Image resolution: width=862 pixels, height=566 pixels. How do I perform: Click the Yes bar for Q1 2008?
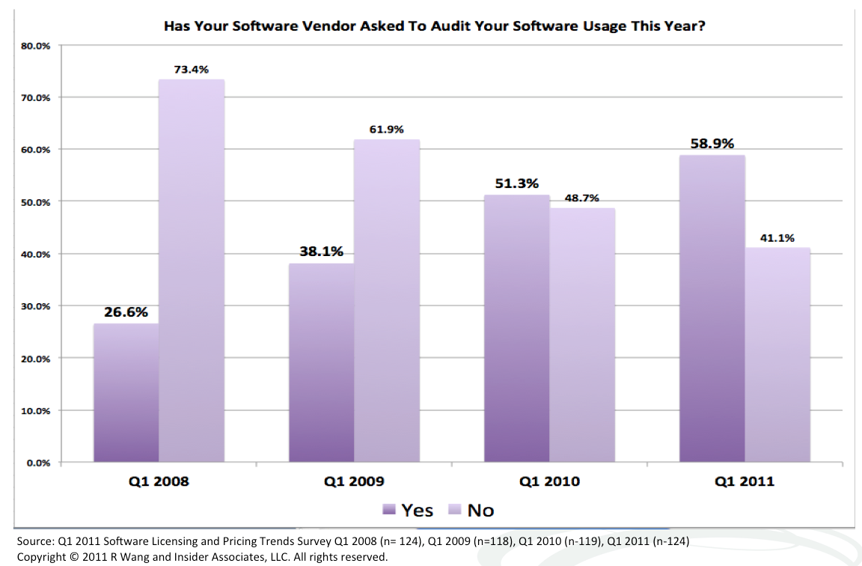[126, 393]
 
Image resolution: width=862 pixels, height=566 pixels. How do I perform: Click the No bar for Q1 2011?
[777, 355]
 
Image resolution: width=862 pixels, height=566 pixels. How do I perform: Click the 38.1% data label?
[321, 252]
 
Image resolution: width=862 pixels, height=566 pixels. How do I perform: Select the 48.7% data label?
[581, 198]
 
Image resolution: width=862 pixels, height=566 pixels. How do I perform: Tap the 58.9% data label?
[712, 143]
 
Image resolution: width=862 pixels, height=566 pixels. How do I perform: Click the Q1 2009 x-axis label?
[354, 481]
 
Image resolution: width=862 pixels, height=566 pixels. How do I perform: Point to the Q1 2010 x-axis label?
[549, 481]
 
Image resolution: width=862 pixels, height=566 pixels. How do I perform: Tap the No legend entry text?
[480, 511]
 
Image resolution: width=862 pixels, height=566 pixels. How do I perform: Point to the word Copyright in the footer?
[40, 557]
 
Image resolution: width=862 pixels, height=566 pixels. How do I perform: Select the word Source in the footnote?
[34, 541]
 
